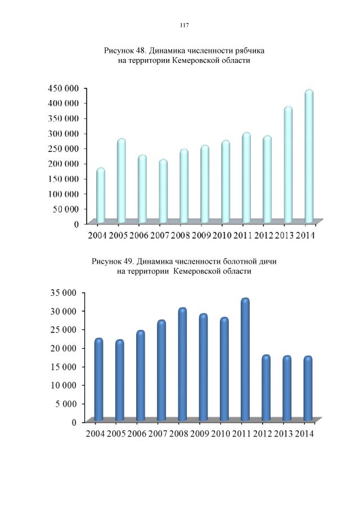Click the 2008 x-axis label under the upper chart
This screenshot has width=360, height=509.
[181, 235]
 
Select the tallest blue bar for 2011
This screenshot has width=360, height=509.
[245, 359]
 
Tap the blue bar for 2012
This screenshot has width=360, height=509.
[266, 388]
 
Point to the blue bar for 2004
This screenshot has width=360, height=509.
[99, 380]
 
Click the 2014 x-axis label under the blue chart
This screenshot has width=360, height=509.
[305, 434]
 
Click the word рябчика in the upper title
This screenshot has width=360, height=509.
[247, 51]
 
